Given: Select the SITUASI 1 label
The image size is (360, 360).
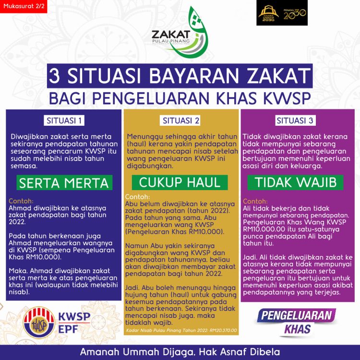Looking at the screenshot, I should pyautogui.click(x=64, y=120).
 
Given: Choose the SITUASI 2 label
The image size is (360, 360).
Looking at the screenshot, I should pyautogui.click(x=180, y=120).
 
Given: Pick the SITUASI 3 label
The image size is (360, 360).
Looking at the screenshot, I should pyautogui.click(x=295, y=120).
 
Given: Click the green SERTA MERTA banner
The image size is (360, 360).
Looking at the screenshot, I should pyautogui.click(x=63, y=182).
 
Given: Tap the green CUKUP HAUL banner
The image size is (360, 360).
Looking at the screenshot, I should pyautogui.click(x=180, y=182).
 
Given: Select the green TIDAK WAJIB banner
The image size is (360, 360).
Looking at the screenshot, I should pyautogui.click(x=296, y=182).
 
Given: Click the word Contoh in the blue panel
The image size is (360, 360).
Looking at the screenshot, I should pyautogui.click(x=21, y=201).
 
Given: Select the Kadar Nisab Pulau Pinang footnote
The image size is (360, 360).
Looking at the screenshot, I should pyautogui.click(x=180, y=331).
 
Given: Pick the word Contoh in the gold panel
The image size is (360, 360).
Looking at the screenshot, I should pyautogui.click(x=137, y=196).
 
